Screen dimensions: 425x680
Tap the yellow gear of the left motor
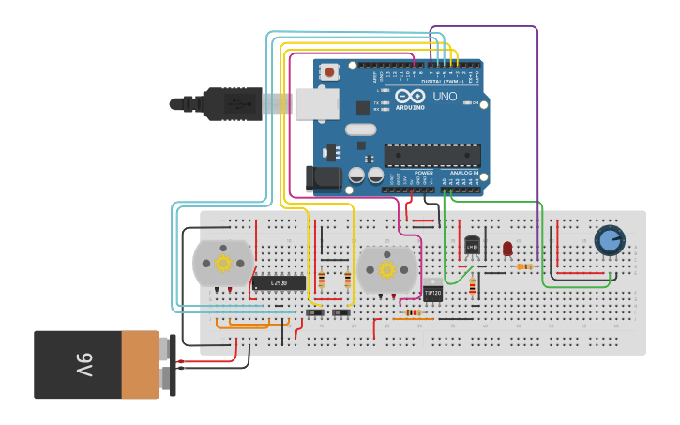click(x=223, y=263)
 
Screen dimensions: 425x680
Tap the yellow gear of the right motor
click(x=386, y=270)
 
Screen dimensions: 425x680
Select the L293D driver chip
click(x=279, y=282)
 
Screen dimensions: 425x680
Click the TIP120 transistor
click(x=432, y=293)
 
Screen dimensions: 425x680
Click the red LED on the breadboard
click(x=507, y=249)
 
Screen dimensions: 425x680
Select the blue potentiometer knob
click(x=610, y=240)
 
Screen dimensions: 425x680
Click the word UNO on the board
click(x=444, y=97)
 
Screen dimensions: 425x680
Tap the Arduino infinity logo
click(x=410, y=96)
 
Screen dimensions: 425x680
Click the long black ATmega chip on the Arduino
click(x=432, y=156)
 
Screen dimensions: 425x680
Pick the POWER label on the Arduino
click(x=423, y=173)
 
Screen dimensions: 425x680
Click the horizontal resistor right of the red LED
click(x=524, y=266)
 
